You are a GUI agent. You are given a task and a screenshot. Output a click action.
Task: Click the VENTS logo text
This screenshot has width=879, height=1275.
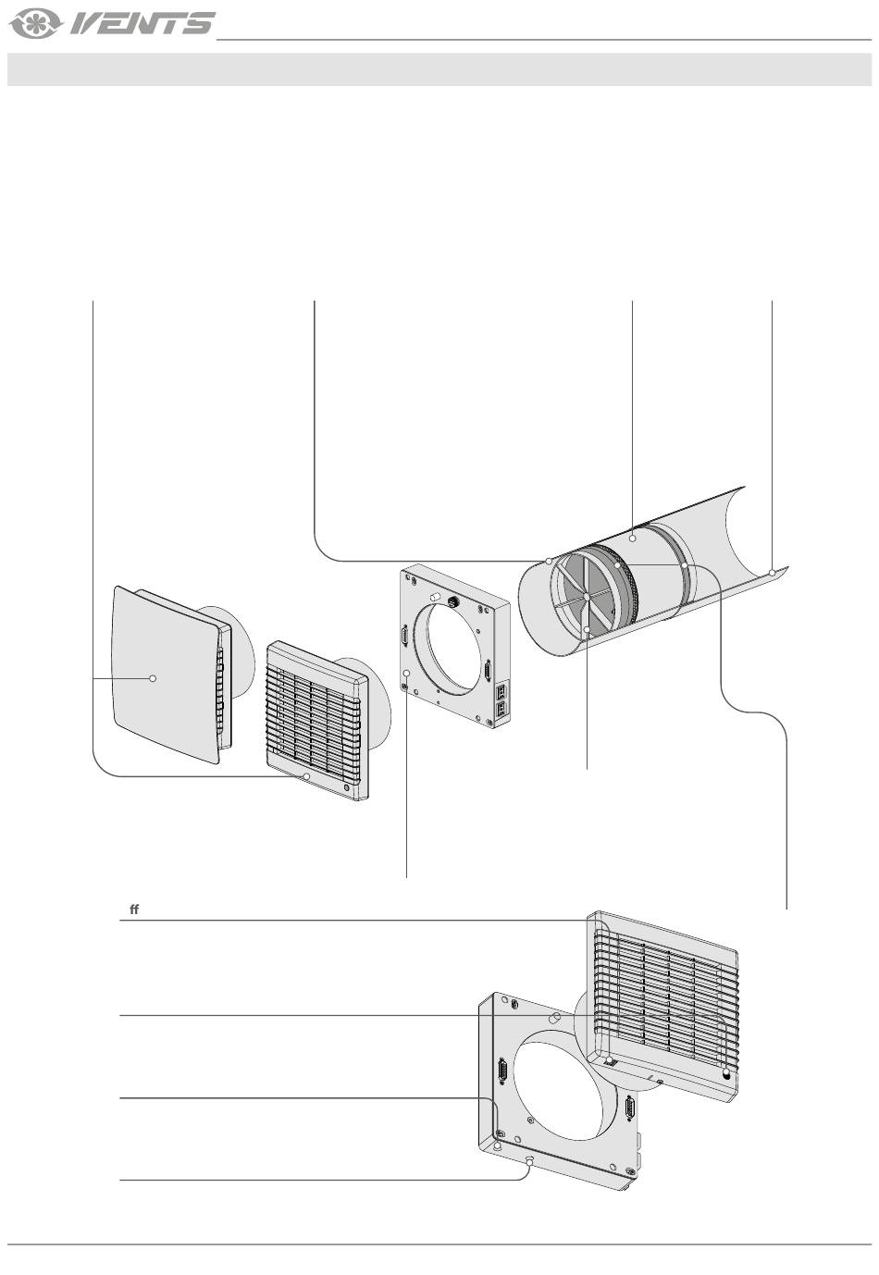pos(142,24)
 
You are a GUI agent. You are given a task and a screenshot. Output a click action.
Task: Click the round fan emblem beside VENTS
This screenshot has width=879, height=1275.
pos(36,24)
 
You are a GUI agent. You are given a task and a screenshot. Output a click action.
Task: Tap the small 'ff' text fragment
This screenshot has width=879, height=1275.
pos(134,910)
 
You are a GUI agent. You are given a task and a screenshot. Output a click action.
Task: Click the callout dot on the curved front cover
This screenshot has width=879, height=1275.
pos(152,678)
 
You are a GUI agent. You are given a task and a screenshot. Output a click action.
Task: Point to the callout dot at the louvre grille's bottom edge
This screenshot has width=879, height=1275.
pos(306,777)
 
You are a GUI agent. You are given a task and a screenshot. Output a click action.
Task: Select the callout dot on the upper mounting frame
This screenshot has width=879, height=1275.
pos(407,673)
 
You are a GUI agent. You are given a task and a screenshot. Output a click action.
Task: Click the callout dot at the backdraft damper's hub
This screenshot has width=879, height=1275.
pos(587,596)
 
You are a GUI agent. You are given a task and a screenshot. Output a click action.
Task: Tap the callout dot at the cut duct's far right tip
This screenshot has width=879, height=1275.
pos(772,573)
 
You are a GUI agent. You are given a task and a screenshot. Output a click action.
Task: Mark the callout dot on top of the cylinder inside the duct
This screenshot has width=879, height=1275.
pos(633,538)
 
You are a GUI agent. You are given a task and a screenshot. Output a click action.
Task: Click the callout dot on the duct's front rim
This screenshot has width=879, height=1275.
pos(549,561)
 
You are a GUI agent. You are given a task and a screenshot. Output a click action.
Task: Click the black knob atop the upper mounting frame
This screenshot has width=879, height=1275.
pos(454,600)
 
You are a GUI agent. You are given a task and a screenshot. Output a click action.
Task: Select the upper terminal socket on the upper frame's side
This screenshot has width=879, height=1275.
pos(501,690)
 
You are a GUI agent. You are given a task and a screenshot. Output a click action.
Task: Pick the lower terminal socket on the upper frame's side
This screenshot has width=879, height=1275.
pos(501,709)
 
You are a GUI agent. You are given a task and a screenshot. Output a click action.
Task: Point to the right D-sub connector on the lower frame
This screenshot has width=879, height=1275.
pos(631,1108)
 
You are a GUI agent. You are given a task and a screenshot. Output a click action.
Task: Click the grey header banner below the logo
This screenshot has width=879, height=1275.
pos(439,69)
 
